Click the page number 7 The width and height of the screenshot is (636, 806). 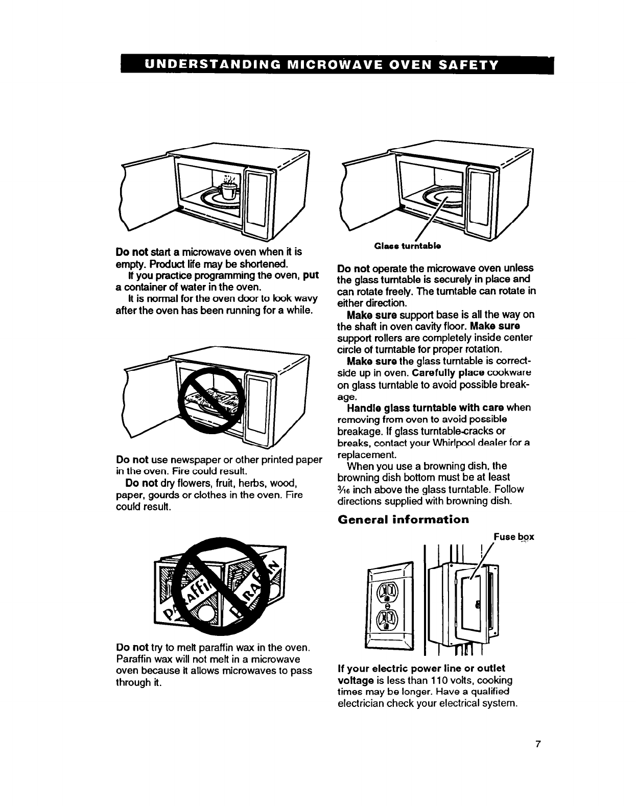[537, 744]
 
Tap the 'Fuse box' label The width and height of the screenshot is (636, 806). [513, 537]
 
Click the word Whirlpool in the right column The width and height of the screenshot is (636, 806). [459, 443]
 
